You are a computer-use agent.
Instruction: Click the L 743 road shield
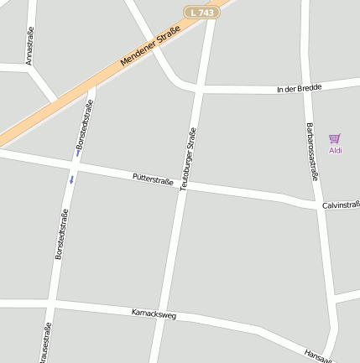pos(202,12)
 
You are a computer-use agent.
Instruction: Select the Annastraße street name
pos(29,47)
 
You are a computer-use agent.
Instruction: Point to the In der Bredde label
pos(300,88)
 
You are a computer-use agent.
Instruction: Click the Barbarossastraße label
pos(311,152)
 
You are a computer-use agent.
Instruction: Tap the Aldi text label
pos(336,151)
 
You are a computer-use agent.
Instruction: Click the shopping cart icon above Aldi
pos(335,138)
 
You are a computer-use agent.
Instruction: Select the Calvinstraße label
pos(341,205)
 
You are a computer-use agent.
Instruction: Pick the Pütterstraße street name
pos(153,179)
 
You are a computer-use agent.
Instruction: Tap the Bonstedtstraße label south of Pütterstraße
pos(60,234)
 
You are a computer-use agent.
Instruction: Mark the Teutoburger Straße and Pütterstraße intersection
pos(184,186)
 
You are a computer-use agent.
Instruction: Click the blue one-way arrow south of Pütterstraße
pos(71,179)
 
